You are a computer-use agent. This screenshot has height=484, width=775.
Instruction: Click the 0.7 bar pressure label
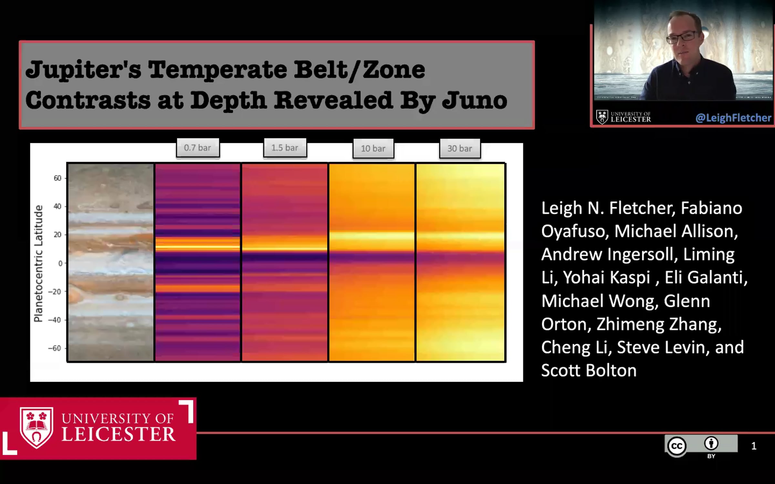(x=198, y=148)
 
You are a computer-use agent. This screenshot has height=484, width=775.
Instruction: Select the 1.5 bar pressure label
(x=285, y=148)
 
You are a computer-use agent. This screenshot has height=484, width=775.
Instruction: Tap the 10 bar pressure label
(x=373, y=148)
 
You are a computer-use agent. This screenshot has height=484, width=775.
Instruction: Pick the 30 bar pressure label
(x=460, y=148)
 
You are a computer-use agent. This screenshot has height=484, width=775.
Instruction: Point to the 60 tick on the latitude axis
(x=57, y=178)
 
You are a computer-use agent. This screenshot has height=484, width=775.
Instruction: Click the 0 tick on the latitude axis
(x=60, y=263)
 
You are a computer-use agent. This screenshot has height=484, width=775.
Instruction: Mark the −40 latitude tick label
(x=55, y=320)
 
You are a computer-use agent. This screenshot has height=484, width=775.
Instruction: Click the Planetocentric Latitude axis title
(x=38, y=263)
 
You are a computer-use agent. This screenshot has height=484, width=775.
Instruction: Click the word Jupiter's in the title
(x=83, y=70)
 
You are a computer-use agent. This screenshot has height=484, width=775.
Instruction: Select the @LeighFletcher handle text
(x=733, y=118)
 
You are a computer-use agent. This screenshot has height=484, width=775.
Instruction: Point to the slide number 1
(x=754, y=446)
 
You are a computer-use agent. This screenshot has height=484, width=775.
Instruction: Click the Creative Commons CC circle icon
(x=677, y=446)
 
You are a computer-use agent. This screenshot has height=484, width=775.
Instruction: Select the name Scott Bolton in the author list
(x=589, y=370)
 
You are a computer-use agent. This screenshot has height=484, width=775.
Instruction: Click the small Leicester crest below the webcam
(x=602, y=117)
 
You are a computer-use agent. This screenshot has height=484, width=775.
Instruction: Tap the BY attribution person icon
(x=711, y=443)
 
